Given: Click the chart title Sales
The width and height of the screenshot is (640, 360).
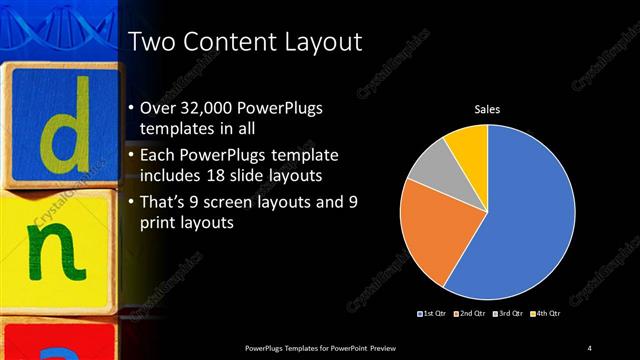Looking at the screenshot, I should click(x=487, y=109).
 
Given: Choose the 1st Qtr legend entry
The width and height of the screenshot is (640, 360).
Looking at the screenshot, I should click(x=430, y=314).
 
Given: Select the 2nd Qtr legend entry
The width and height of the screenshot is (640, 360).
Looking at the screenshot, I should click(x=470, y=314).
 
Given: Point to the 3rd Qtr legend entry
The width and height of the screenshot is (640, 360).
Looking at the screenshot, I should click(x=510, y=314).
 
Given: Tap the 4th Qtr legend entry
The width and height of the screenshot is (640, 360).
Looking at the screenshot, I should click(x=549, y=314).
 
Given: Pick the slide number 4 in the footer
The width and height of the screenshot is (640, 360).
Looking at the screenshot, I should click(x=589, y=347).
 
